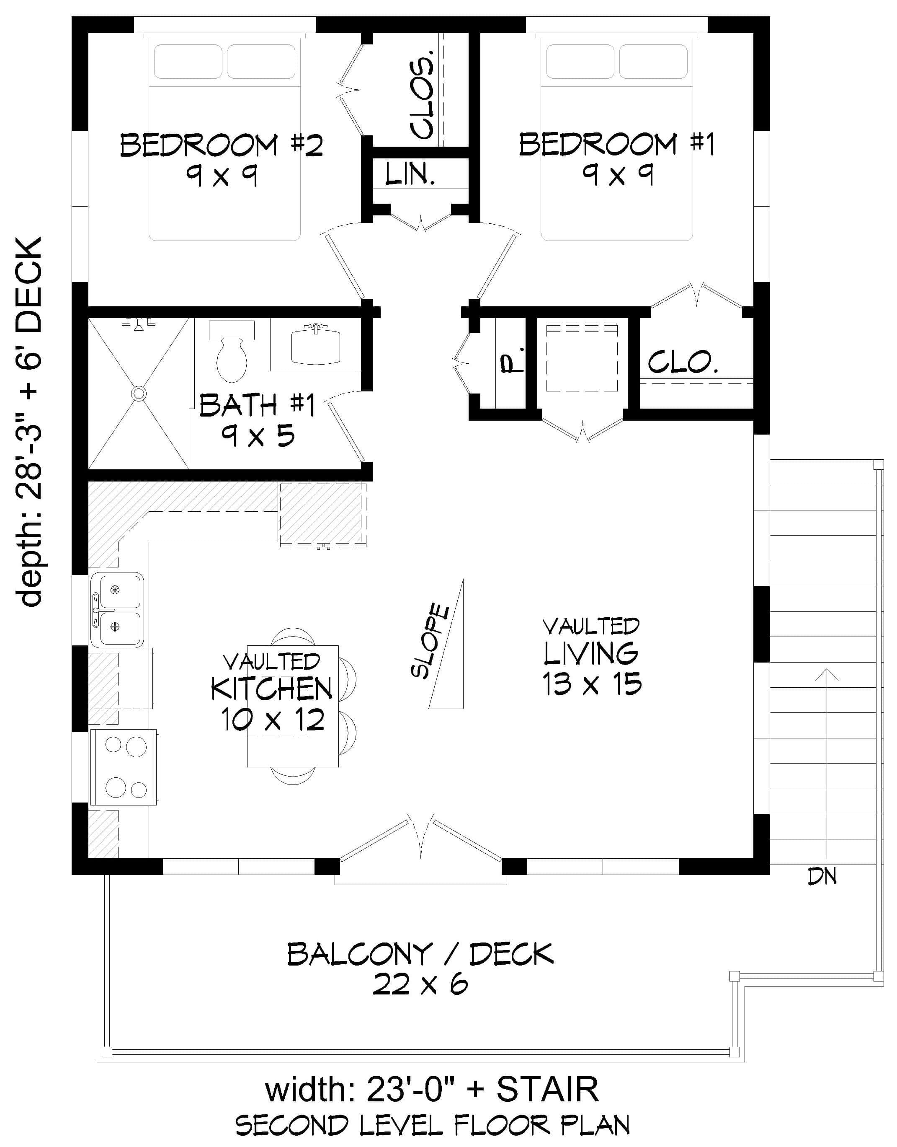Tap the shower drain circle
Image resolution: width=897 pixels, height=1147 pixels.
139,394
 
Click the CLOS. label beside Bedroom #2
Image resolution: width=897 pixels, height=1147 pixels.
423,95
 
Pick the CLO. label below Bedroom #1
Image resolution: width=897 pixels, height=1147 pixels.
683,362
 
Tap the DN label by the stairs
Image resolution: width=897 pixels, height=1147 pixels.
822,876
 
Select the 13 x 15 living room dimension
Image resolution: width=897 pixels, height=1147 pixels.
592,684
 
